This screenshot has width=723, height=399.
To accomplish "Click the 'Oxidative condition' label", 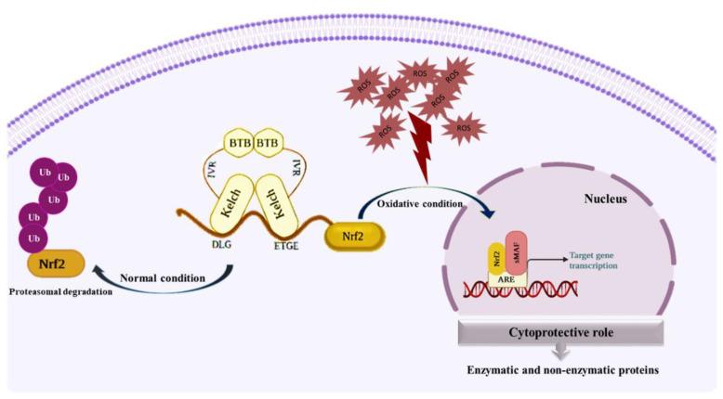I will [x=417, y=204].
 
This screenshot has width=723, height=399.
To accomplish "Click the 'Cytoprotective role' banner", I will [x=559, y=330].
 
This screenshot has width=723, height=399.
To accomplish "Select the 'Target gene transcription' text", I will [x=593, y=260].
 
